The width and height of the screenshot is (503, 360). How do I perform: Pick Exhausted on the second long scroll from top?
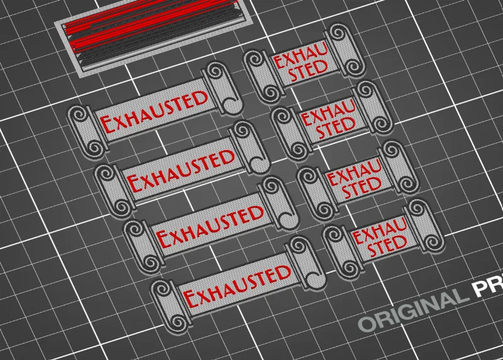pos(181,170)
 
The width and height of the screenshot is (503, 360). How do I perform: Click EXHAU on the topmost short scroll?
pos(301,55)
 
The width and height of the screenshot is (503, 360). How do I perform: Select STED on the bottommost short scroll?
pos(387,246)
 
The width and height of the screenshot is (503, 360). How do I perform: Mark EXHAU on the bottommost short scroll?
pos(380,230)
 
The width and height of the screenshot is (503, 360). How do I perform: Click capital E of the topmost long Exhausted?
pos(108,124)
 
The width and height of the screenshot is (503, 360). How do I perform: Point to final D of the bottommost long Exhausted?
pos(284,273)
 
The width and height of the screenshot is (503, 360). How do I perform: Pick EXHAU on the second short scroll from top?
pos(328,114)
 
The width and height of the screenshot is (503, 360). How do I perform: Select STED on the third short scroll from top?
pos(361,187)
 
